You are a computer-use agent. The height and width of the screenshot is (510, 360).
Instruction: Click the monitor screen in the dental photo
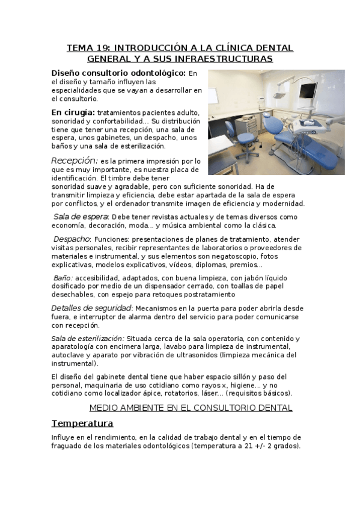click(308, 91)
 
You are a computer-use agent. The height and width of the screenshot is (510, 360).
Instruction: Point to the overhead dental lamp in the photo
click(279, 95)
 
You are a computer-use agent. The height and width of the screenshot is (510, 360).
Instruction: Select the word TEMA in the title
click(79, 48)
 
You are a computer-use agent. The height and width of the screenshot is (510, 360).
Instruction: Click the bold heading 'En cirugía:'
click(73, 112)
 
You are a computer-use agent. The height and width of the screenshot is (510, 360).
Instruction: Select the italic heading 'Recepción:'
click(75, 161)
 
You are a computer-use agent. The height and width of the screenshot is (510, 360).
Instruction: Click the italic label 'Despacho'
click(72, 239)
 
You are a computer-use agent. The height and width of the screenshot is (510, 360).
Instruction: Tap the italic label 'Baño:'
click(63, 278)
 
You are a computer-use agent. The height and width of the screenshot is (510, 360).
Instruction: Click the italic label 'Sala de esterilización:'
click(88, 339)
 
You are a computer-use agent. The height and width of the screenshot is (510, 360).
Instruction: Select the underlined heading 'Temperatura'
click(82, 423)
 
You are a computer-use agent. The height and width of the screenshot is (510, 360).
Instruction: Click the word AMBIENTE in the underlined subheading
click(140, 408)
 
